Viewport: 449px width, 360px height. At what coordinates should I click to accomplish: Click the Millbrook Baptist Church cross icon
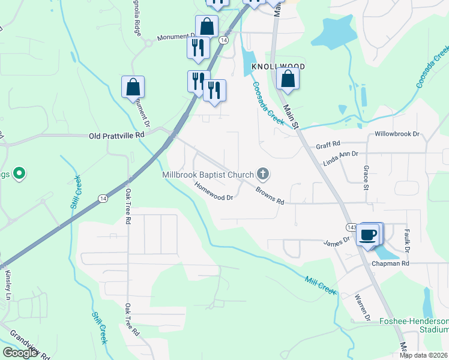tap(262, 175)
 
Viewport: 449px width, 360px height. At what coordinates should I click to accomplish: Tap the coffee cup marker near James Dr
tap(368, 234)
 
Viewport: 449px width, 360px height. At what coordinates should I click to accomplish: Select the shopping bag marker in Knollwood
tap(288, 79)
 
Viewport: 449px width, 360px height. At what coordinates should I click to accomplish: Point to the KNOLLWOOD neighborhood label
tap(278, 67)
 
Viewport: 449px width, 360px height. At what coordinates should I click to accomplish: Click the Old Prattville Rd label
tap(117, 136)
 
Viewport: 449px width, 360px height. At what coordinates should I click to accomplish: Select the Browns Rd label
tap(269, 197)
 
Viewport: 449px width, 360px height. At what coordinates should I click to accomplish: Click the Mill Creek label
tap(321, 285)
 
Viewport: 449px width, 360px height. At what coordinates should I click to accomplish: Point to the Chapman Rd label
tap(390, 263)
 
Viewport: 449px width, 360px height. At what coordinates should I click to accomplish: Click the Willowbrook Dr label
tap(397, 134)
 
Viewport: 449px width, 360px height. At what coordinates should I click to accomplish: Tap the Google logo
tap(20, 353)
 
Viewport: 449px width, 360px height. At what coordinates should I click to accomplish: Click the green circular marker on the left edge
tap(19, 174)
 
